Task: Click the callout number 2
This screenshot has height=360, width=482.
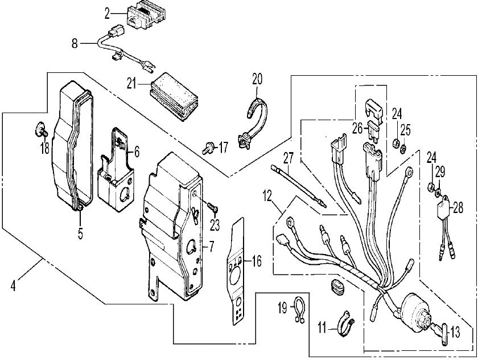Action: click(x=106, y=11)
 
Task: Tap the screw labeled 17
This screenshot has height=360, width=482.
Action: click(x=208, y=148)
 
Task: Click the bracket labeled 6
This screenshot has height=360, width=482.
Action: click(x=118, y=171)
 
